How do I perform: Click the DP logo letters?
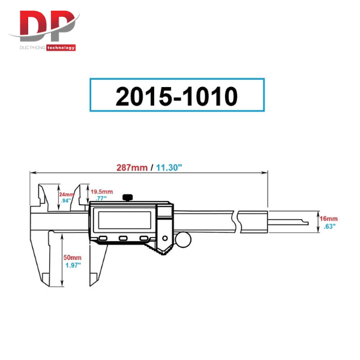[x=47, y=26]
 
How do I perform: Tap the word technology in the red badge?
[x=61, y=48]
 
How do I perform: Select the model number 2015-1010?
[x=176, y=97]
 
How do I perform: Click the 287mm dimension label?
[x=132, y=167]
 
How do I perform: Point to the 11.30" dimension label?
[x=169, y=167]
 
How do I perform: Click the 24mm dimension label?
[x=67, y=194]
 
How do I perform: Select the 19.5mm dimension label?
[x=102, y=192]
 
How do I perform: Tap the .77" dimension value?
[x=101, y=198]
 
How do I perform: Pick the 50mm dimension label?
[x=73, y=257]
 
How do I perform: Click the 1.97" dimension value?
[x=73, y=265]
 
